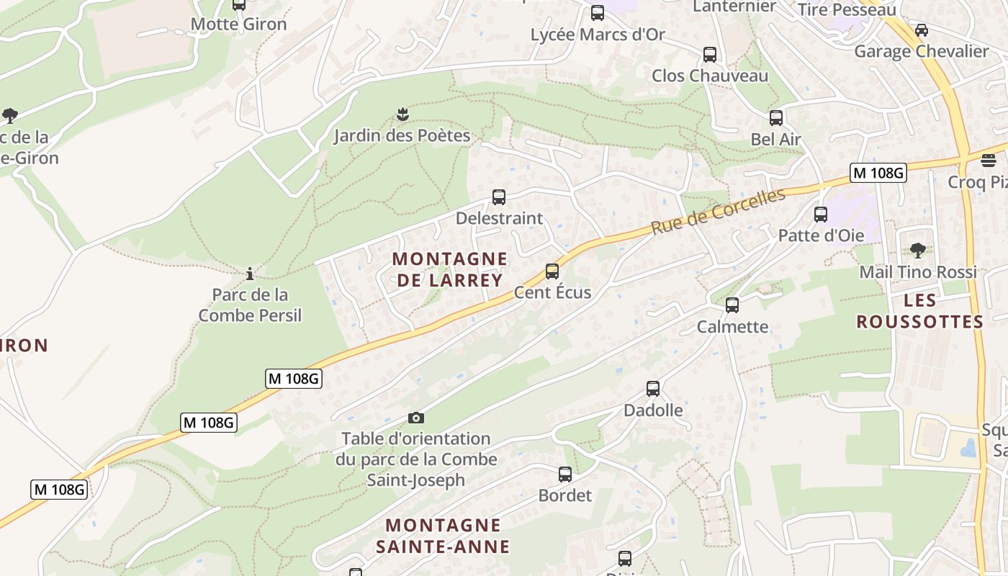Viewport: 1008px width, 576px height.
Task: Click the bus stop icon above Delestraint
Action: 498,197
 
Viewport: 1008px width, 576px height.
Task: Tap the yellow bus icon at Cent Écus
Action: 552,271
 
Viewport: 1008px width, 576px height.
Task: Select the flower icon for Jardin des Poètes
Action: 402,114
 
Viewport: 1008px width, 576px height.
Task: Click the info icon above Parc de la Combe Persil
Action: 250,274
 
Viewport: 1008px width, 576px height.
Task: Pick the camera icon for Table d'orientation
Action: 415,418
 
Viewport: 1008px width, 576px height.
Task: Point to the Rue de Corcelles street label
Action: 717,212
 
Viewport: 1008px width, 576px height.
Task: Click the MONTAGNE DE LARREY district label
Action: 449,269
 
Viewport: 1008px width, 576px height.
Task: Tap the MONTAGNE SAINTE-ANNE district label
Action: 443,535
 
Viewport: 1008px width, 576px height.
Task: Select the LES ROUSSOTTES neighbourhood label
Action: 919,311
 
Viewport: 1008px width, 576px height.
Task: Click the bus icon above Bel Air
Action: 775,118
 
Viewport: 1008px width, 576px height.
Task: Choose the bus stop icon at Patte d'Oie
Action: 820,214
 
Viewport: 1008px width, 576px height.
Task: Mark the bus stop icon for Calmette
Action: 732,305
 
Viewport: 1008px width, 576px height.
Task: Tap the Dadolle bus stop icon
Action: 653,389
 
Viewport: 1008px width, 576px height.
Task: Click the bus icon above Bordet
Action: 565,474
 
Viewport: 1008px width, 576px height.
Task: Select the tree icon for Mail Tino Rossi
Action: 917,251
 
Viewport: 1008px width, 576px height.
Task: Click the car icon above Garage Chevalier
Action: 921,30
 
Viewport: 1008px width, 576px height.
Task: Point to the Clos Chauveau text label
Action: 710,76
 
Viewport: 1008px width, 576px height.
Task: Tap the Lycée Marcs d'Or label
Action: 598,35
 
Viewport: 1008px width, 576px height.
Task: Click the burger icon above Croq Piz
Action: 989,160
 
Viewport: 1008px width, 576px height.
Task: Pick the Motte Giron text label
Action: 238,24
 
